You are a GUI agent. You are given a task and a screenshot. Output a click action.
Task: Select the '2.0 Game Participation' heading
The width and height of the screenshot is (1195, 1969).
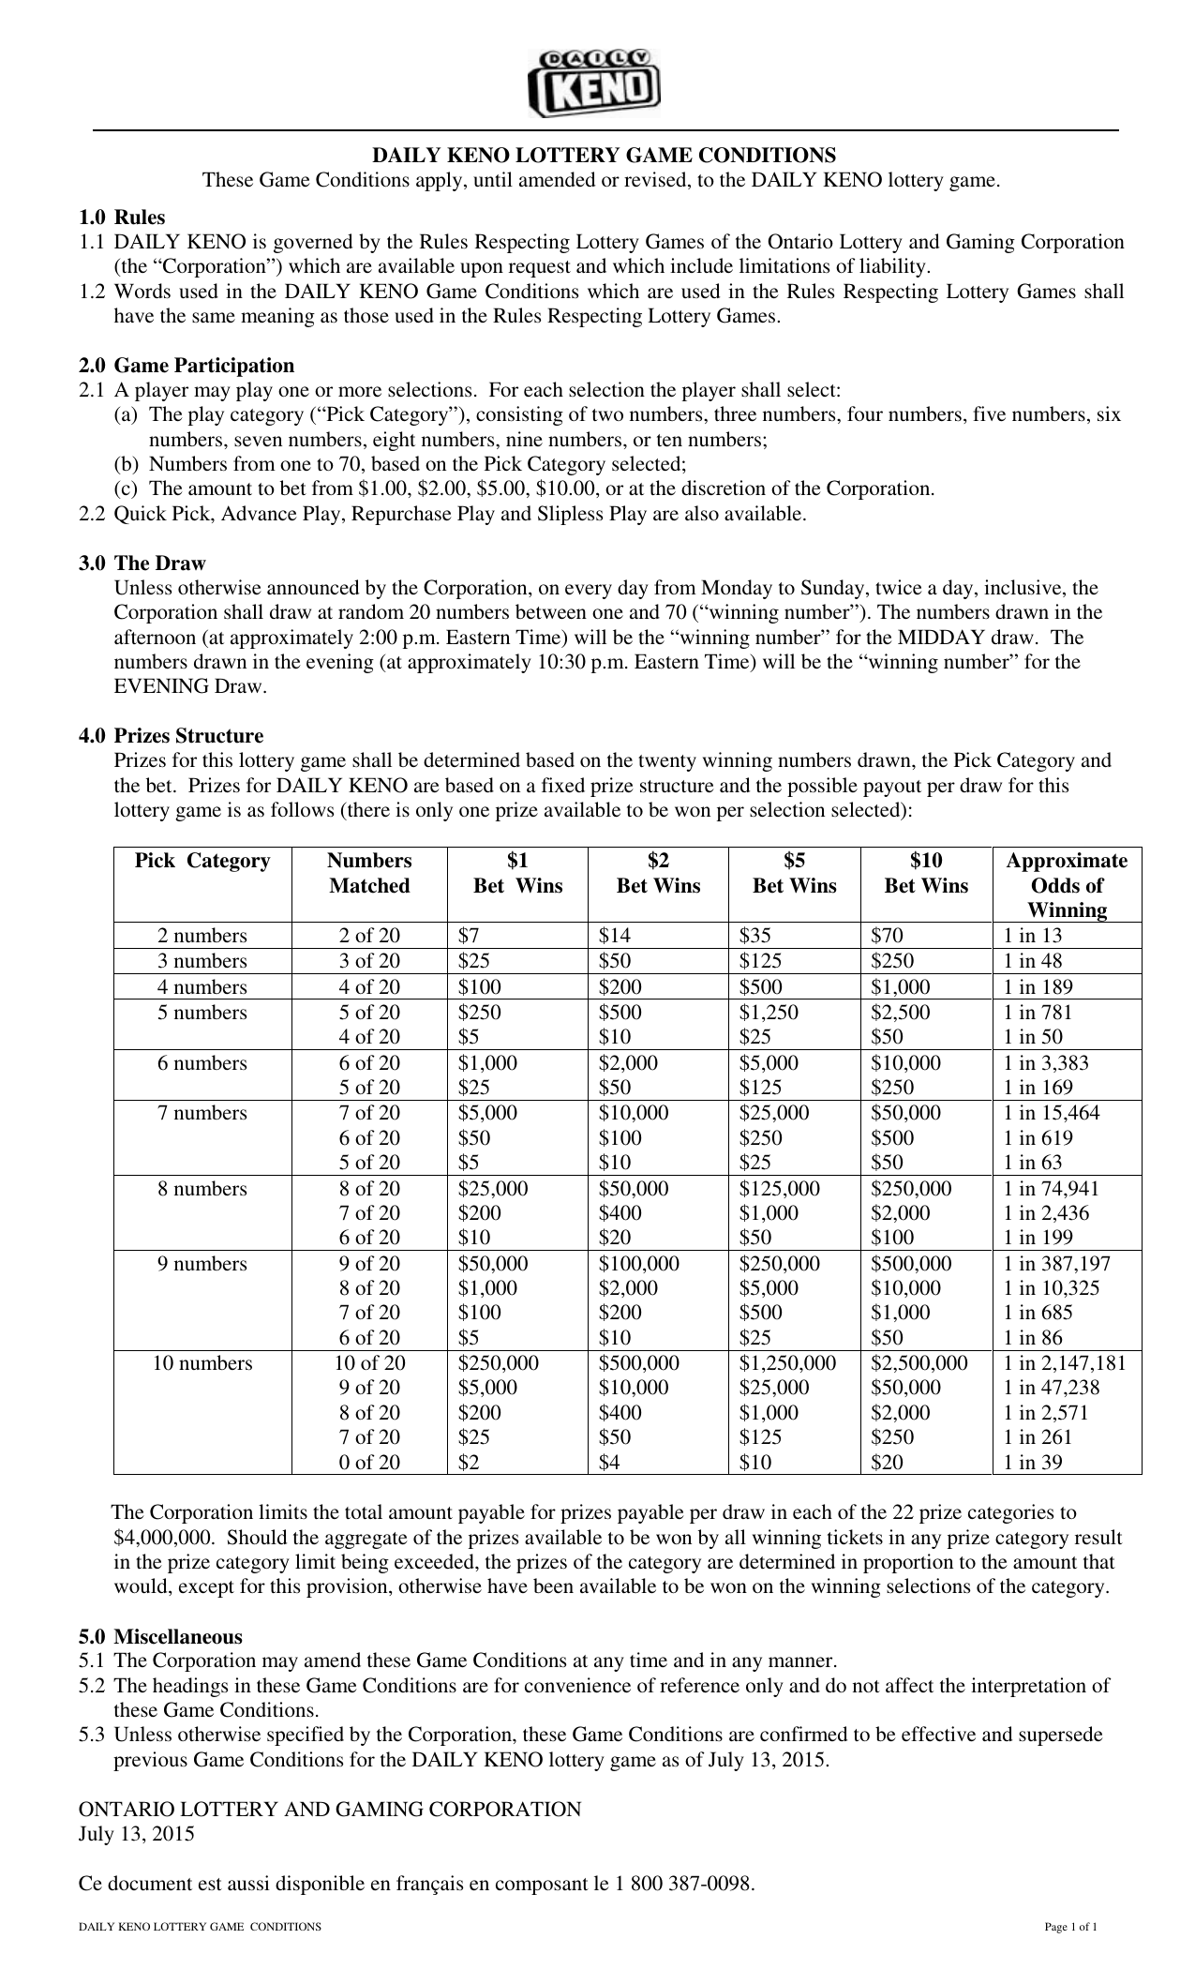pyautogui.click(x=187, y=365)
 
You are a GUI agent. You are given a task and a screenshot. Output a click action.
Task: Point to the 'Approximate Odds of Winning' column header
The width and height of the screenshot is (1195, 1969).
pyautogui.click(x=1067, y=885)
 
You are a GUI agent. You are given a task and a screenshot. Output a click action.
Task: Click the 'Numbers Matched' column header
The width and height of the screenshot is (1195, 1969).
pyautogui.click(x=369, y=873)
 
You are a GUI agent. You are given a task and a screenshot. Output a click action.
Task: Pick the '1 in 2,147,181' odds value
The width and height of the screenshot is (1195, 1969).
pyautogui.click(x=1065, y=1363)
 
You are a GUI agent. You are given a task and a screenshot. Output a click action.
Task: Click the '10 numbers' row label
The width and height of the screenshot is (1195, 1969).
pyautogui.click(x=202, y=1363)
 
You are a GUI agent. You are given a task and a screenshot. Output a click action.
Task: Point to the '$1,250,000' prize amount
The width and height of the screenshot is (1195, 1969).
pyautogui.click(x=787, y=1363)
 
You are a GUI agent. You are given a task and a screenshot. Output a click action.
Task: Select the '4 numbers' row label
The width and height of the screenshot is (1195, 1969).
pyautogui.click(x=202, y=987)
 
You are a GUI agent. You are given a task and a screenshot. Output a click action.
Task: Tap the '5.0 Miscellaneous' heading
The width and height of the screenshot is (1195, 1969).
pyautogui.click(x=161, y=1637)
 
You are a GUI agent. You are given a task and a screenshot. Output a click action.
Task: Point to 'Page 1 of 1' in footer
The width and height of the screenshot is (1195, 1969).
pyautogui.click(x=1071, y=1927)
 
